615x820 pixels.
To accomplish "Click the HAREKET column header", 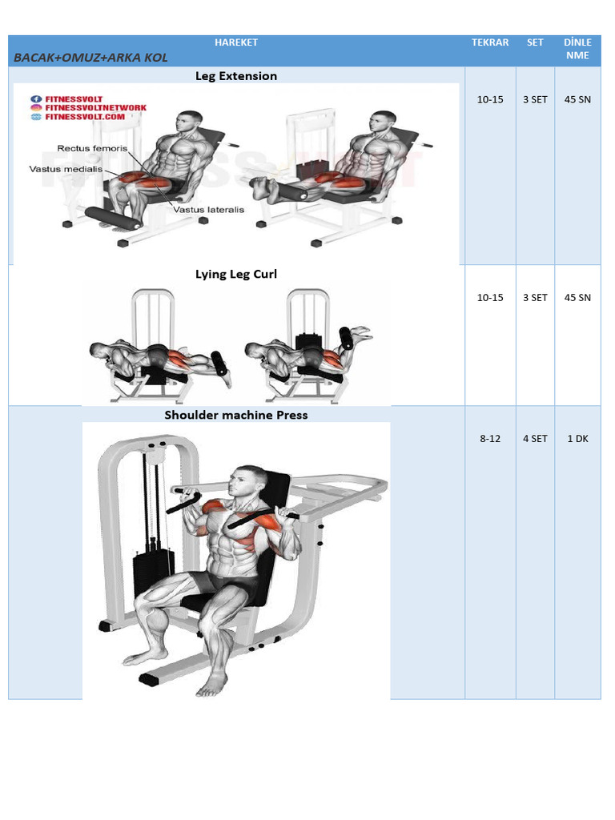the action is pos(236,42).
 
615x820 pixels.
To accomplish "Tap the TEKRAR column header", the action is pos(490,42).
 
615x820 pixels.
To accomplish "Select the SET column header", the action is pos(535,42).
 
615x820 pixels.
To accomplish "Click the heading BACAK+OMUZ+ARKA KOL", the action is pos(90,58).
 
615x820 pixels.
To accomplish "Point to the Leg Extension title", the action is pos(236,76).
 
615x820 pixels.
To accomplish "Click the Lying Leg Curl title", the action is pos(236,274).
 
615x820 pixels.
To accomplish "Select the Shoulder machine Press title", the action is pos(236,415).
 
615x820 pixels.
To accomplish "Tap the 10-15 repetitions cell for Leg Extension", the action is pos(490,99).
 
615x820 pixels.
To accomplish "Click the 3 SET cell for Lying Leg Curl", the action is pos(535,298).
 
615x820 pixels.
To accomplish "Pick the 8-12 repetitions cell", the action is pos(490,439).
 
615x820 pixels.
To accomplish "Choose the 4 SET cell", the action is pos(535,439).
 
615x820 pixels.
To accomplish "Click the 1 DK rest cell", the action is pos(578,439).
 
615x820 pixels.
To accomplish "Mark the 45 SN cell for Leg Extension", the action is pos(578,99).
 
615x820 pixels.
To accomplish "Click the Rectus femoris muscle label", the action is pos(92,148).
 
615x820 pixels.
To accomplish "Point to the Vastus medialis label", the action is pos(66,169).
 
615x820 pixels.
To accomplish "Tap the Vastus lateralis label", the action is pos(209,210).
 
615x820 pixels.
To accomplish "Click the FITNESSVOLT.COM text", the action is pos(85,117).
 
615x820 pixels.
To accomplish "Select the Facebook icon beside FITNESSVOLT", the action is pos(36,98).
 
